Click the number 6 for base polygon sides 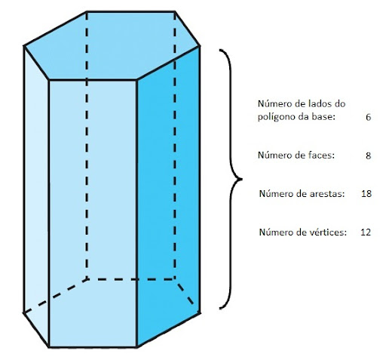click(368, 117)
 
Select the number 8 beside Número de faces click(368, 155)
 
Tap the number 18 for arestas click(366, 194)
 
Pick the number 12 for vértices click(366, 232)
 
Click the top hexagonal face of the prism click(112, 45)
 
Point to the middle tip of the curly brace click(241, 179)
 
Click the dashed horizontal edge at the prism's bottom click(130, 279)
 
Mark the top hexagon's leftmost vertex click(24, 46)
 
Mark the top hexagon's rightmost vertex click(200, 46)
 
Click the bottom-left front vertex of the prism click(49, 347)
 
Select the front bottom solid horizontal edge click(93, 347)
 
